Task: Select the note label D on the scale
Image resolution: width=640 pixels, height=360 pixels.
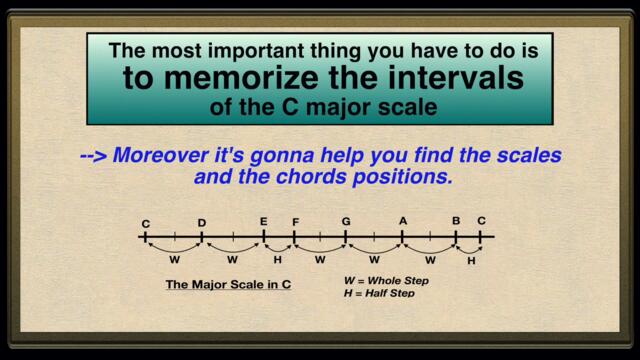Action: pos(201,224)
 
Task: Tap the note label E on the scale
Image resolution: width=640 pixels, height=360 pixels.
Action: pos(264,221)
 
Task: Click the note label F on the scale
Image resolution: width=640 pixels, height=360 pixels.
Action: pos(295,221)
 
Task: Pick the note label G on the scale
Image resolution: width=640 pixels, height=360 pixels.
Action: pos(346,221)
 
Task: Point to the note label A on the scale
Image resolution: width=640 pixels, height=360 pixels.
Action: pos(403,221)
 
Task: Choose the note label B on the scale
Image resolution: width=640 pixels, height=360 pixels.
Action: pos(455,221)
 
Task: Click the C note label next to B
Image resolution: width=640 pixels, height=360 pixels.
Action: pos(481,221)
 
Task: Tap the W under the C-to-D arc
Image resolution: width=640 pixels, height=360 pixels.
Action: pos(174,259)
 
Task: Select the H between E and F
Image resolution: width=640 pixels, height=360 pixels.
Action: pos(278,259)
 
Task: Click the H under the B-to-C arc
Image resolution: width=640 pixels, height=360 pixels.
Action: pos(471,260)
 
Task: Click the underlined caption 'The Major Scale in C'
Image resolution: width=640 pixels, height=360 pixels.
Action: pos(228,285)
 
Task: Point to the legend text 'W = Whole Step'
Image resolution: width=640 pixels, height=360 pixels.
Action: pos(386,281)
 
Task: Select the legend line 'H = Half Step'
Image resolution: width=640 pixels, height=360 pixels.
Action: pos(379,293)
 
